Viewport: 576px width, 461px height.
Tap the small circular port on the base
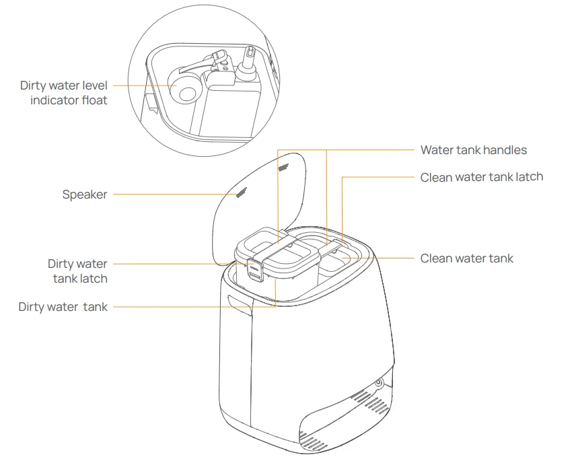coord(377,383)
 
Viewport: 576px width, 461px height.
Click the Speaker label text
coord(84,194)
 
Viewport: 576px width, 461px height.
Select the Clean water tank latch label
coord(481,177)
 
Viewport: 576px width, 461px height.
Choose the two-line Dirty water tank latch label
coord(77,271)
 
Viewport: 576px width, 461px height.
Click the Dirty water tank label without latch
coord(63,307)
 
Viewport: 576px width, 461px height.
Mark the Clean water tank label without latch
coord(466,258)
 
